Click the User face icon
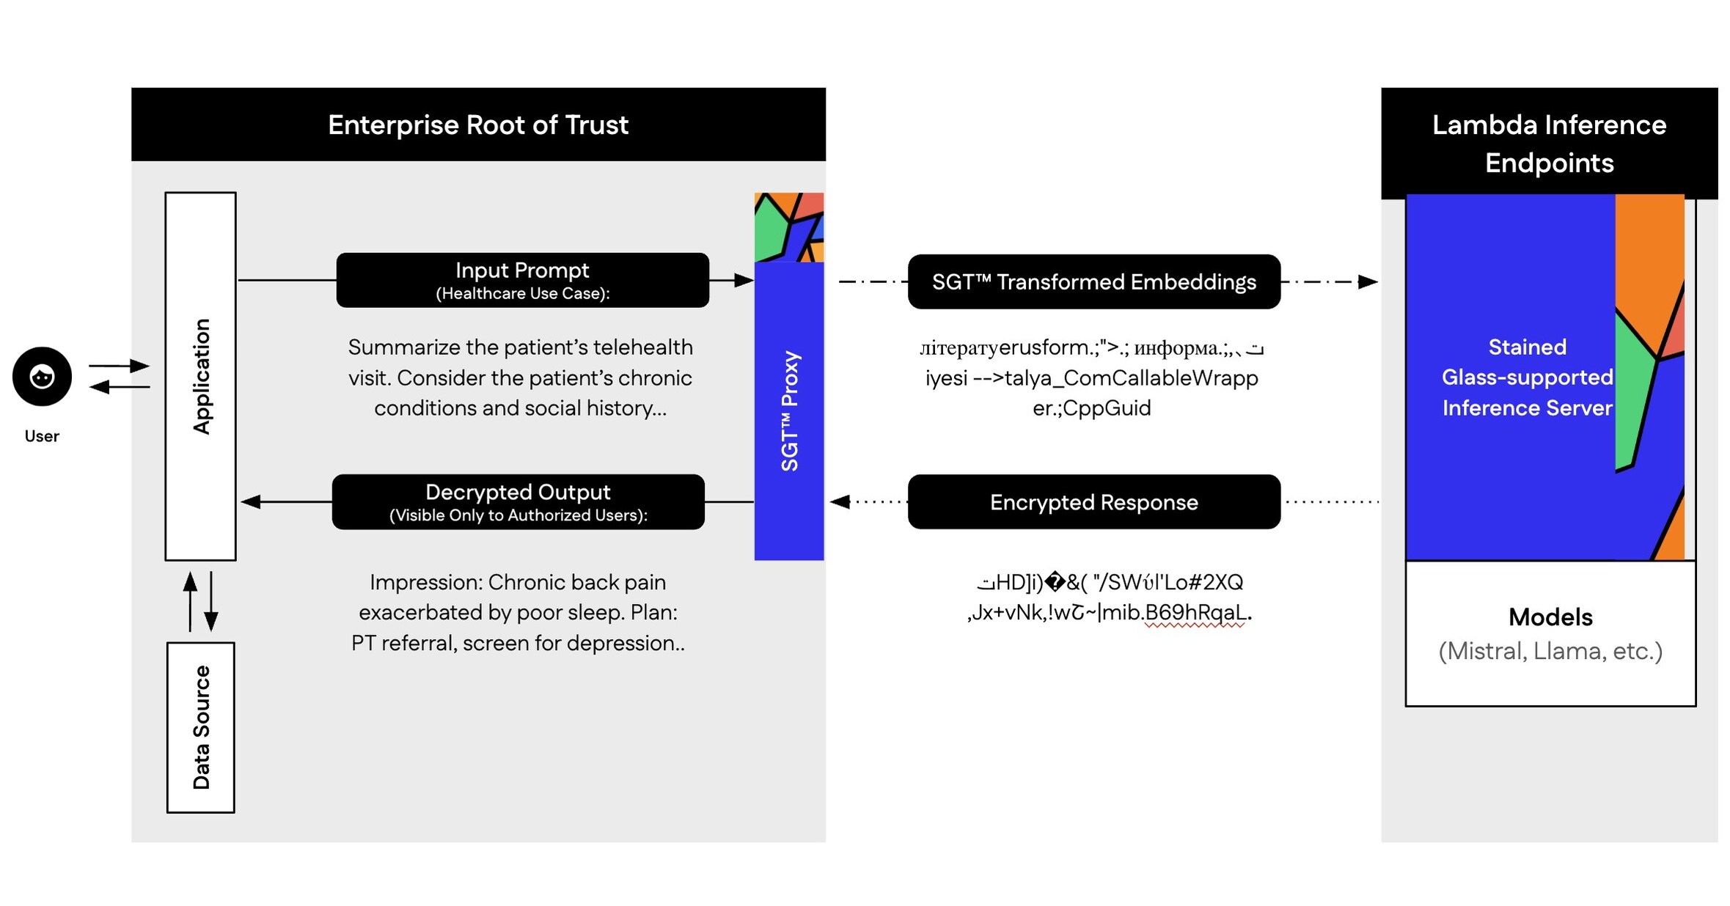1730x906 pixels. click(42, 377)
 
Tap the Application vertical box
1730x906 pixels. click(200, 376)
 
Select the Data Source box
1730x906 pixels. click(200, 727)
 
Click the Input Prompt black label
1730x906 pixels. click(522, 280)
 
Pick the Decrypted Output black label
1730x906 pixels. click(518, 502)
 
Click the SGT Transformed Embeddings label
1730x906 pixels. click(1093, 282)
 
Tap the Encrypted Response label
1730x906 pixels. click(1093, 502)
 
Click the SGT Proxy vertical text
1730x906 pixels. click(789, 410)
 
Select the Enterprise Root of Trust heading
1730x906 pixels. click(478, 125)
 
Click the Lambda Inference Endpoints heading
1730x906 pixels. click(1549, 144)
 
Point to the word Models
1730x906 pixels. click(1550, 617)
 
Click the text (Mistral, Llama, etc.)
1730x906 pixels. click(1550, 651)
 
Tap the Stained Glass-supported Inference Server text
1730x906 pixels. click(1527, 377)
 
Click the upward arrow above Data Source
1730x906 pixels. click(190, 583)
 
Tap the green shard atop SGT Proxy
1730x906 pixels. click(769, 229)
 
